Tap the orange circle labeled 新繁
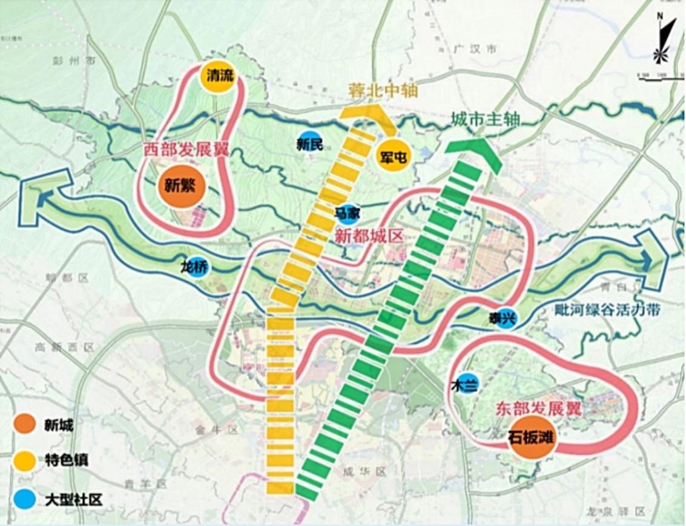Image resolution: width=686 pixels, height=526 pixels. [x=180, y=186]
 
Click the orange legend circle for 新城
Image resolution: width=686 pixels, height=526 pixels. [x=26, y=425]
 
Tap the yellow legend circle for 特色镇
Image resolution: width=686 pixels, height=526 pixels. [x=26, y=460]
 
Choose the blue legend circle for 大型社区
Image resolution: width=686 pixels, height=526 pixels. [x=26, y=499]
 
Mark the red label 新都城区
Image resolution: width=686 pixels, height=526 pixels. [x=369, y=236]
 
